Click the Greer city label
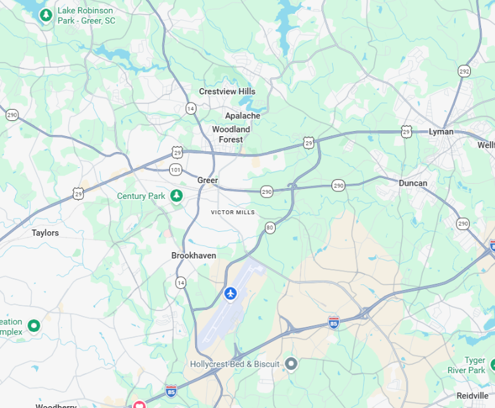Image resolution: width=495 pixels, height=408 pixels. [207, 181]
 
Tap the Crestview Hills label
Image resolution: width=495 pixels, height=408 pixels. [227, 91]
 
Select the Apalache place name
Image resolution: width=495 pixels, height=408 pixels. [242, 116]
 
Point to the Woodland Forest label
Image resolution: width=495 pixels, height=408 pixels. [231, 134]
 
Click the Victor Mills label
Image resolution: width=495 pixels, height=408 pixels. [233, 212]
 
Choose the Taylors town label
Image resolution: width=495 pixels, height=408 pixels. [45, 233]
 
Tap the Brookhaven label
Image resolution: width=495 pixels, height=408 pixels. [193, 255]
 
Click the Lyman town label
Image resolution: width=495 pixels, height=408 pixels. [441, 132]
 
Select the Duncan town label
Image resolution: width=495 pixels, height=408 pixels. [413, 183]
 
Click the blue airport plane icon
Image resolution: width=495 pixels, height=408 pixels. [230, 293]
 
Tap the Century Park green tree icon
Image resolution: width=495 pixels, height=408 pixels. [177, 196]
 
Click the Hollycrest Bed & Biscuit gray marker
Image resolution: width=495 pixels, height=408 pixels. [291, 364]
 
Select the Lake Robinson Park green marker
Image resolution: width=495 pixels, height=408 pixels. [46, 15]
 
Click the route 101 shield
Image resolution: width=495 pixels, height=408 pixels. [176, 169]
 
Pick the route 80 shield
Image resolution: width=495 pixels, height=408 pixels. [270, 227]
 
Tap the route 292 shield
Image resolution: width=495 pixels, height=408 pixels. [465, 71]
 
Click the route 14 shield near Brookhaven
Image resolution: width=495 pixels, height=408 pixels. [181, 283]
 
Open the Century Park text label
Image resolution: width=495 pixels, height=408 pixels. [141, 196]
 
